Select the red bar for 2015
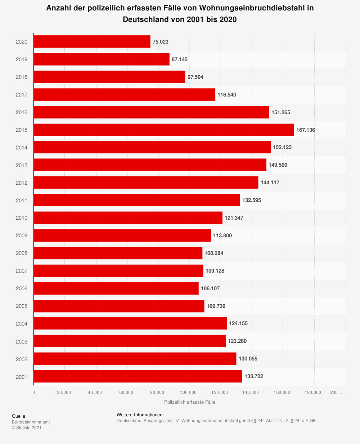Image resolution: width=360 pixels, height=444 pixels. point(164,130)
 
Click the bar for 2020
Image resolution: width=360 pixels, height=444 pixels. point(92,42)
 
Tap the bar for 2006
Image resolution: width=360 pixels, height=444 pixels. point(116,288)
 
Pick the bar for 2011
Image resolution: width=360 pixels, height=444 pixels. point(137,200)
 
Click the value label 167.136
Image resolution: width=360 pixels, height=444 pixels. point(306,130)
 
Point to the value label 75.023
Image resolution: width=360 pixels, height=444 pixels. point(161,42)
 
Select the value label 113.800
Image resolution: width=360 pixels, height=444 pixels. point(222,236)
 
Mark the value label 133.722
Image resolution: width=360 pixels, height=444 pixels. point(254,377)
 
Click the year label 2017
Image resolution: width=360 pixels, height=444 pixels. point(22,95)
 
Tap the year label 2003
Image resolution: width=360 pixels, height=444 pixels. point(22,341)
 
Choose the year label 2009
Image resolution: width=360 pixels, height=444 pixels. point(22,236)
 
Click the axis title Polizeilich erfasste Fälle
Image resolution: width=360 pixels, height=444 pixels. point(190,402)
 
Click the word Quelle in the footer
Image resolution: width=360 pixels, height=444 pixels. point(19,416)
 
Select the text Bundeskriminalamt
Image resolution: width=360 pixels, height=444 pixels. point(31,422)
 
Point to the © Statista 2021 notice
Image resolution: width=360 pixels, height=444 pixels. point(27,428)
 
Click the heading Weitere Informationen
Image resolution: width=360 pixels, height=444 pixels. point(140,415)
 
